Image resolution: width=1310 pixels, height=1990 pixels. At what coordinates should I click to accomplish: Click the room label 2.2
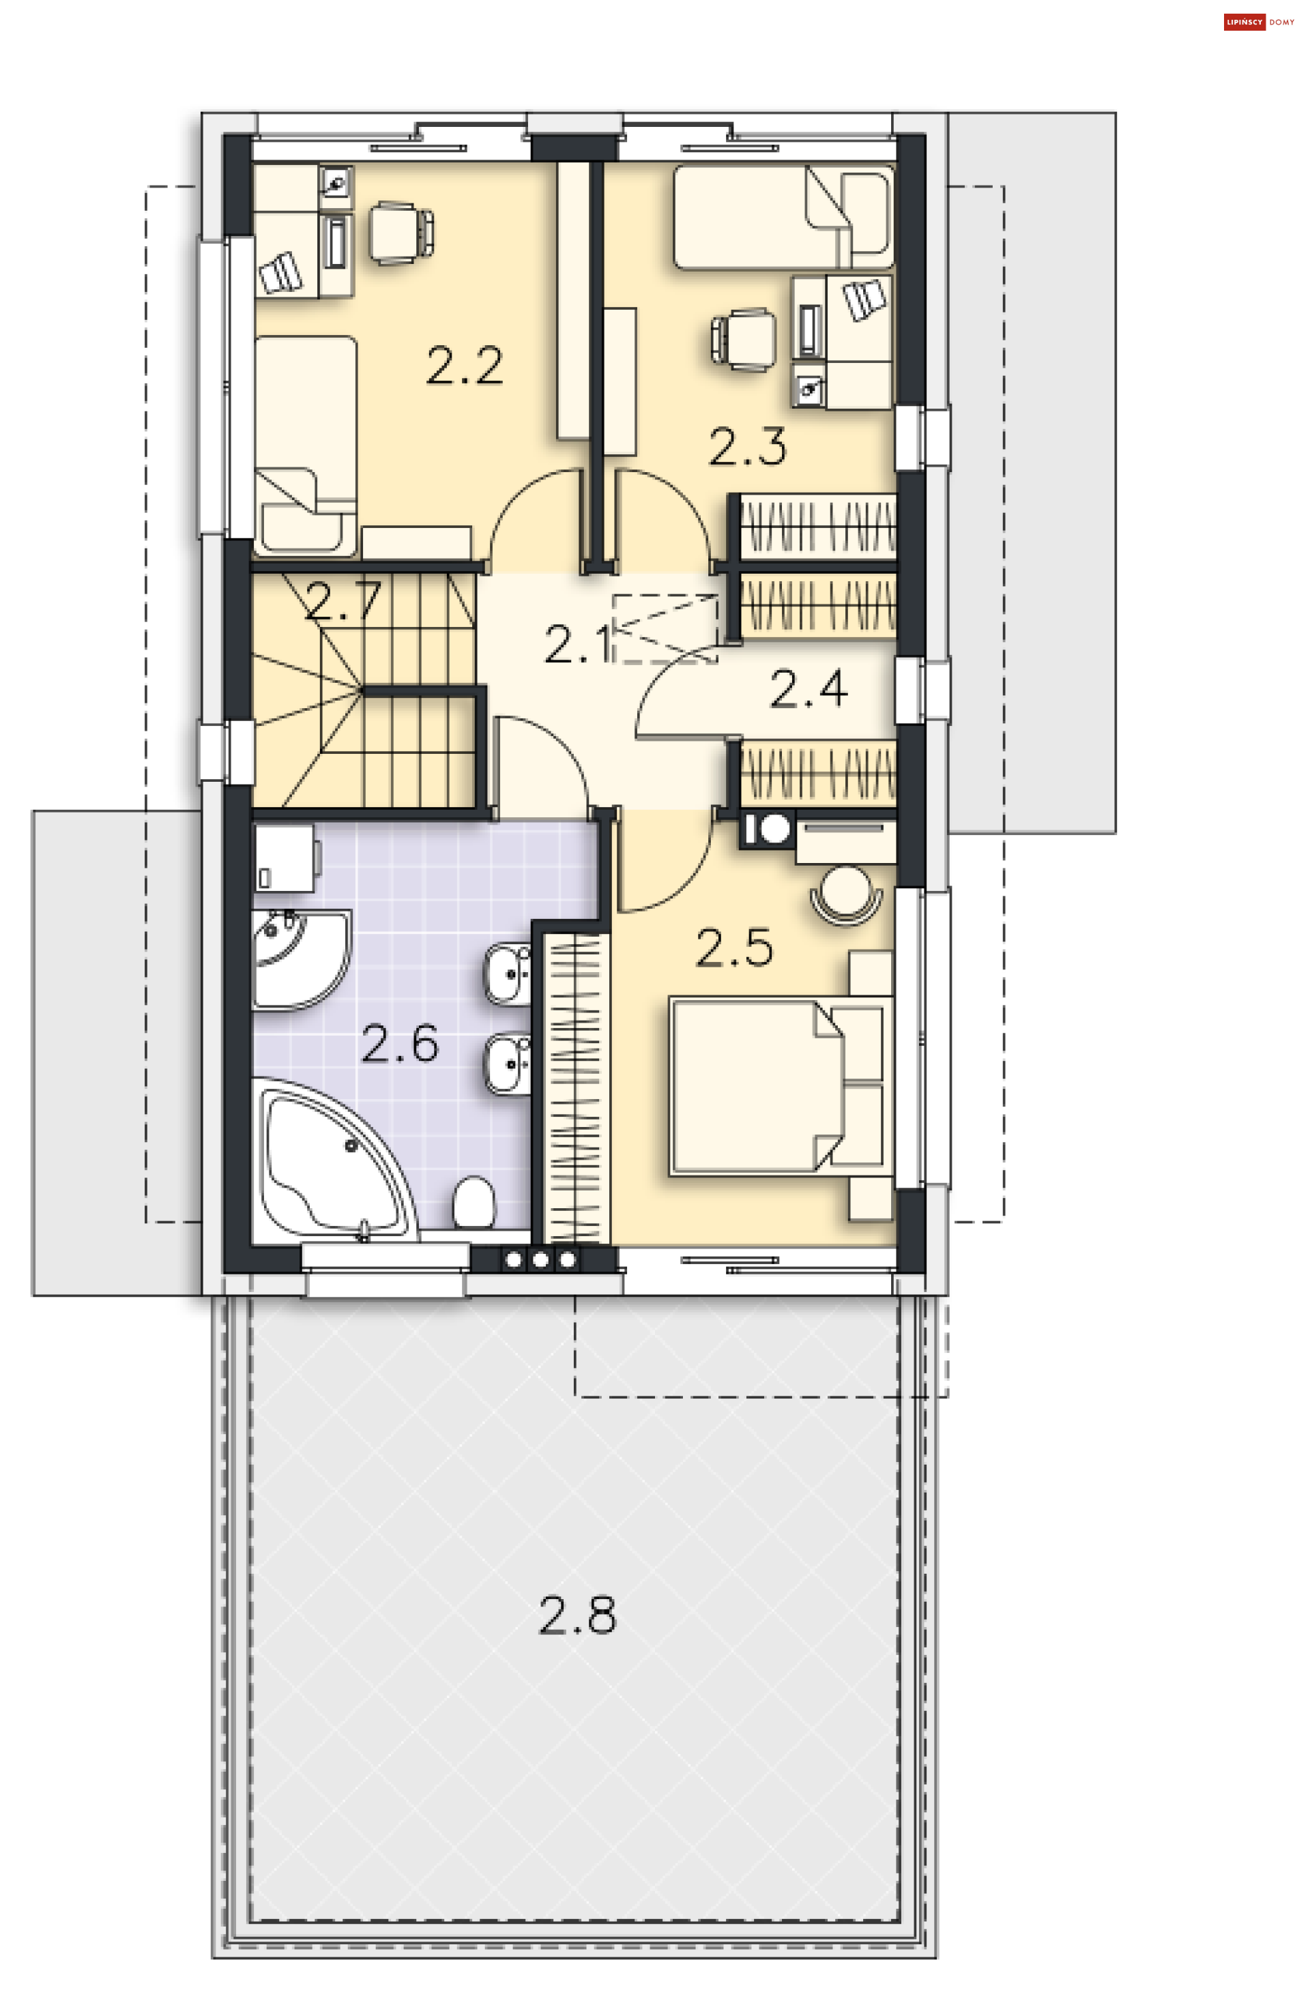tap(464, 366)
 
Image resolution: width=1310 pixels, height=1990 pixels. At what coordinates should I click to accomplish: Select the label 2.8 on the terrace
tap(577, 1615)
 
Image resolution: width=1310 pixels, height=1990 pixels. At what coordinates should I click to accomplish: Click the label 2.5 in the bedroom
tap(734, 948)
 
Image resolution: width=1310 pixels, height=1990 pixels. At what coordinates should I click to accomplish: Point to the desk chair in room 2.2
tap(401, 233)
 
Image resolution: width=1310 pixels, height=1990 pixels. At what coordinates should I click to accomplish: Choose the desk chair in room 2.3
tap(743, 338)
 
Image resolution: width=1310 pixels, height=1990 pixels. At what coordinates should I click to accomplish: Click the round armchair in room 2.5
tap(846, 893)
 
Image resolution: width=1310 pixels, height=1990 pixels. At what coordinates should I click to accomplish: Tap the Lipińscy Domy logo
tap(1258, 23)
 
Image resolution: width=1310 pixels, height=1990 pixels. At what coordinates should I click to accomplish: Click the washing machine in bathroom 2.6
tap(285, 858)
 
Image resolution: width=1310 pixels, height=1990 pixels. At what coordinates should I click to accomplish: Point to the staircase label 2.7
tap(343, 601)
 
